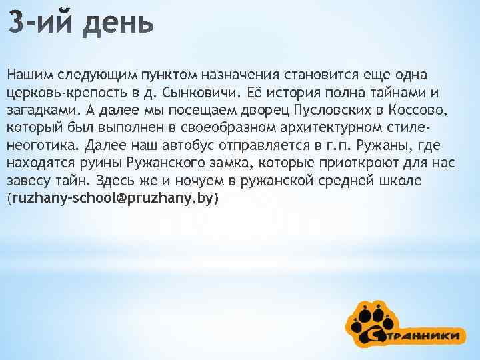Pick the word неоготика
[36, 145]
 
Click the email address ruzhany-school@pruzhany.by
[113, 199]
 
